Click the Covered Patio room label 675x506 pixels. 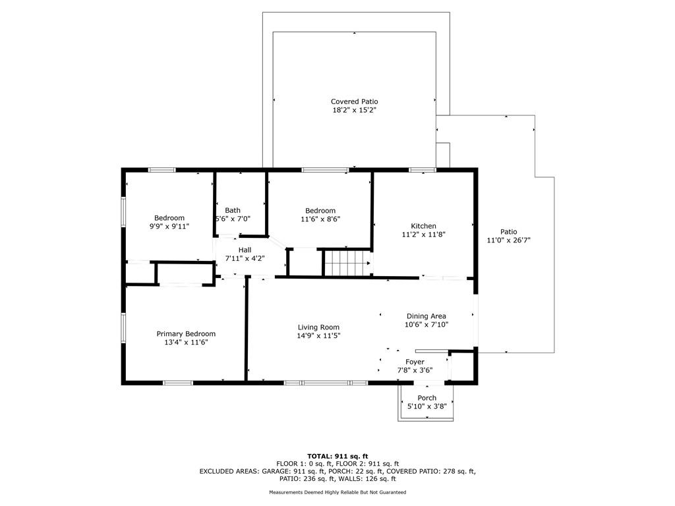coord(354,101)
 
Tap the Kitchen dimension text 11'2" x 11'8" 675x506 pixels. coord(423,235)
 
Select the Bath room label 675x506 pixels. coord(233,210)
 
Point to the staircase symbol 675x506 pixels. coord(347,263)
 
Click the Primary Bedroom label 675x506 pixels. coord(186,334)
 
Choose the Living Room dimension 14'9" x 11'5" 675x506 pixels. coord(318,335)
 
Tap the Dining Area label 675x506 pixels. coord(426,316)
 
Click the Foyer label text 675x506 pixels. coord(415,362)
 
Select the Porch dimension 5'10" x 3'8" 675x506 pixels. coord(427,406)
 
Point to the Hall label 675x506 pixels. coord(245,250)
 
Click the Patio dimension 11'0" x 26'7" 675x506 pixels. coord(508,240)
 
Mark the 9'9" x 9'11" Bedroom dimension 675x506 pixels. coord(169,227)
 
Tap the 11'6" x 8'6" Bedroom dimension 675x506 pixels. coord(320,219)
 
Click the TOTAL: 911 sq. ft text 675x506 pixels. coord(337,456)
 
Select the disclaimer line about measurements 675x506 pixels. coord(337,492)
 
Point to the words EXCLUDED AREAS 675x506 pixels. coord(229,472)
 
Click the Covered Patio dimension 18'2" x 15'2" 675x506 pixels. coord(354,110)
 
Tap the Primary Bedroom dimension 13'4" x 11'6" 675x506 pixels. coord(186,343)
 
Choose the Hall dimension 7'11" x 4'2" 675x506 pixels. coord(245,258)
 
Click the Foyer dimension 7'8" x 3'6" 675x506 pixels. coord(415,370)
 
